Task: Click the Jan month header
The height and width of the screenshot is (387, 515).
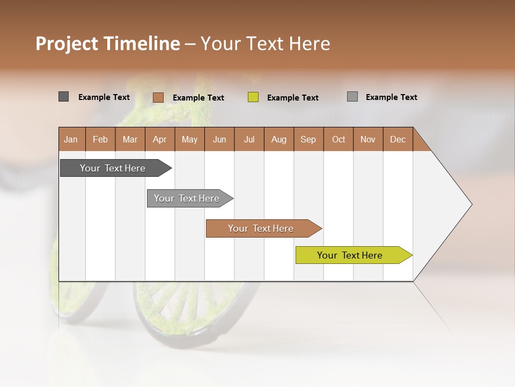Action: (71, 139)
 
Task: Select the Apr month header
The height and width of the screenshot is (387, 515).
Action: (160, 139)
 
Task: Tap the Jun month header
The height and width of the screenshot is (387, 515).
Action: (219, 139)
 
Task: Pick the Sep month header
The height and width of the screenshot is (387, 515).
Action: (308, 139)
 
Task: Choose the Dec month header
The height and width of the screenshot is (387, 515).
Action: (398, 139)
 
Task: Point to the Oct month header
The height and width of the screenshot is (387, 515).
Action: (339, 139)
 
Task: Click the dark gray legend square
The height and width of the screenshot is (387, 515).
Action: (63, 97)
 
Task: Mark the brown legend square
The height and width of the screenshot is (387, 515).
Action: (158, 97)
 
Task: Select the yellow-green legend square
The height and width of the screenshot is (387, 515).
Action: (253, 97)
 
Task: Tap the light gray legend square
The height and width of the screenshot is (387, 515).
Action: (352, 97)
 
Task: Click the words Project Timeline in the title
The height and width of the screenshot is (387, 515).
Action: (108, 44)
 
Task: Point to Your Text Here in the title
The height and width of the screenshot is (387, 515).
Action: (265, 44)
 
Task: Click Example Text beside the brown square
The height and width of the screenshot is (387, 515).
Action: (198, 98)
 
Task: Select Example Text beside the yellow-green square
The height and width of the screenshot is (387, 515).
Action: (293, 98)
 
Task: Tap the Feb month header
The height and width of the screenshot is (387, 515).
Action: (100, 139)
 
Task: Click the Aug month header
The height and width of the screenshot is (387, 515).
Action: (279, 139)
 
